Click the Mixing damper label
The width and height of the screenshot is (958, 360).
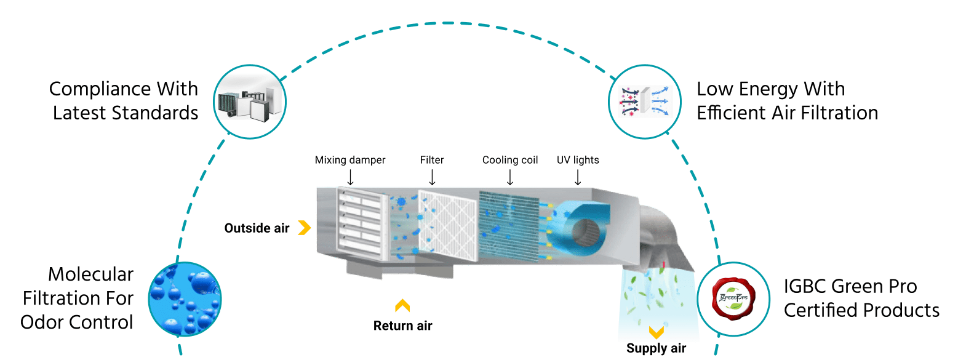click(x=350, y=160)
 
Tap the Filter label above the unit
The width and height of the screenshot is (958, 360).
click(x=432, y=160)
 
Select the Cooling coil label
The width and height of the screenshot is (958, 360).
click(x=510, y=160)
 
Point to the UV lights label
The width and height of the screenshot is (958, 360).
click(x=578, y=160)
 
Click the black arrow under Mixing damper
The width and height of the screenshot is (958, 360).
click(x=350, y=177)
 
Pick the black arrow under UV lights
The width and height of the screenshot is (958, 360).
click(x=578, y=177)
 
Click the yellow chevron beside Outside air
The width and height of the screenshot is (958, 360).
click(x=303, y=228)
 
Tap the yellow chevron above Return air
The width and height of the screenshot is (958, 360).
click(x=402, y=305)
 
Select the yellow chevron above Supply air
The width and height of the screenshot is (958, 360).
click(x=657, y=332)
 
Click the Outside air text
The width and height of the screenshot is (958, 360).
click(x=257, y=228)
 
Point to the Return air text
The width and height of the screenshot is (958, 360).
click(x=402, y=326)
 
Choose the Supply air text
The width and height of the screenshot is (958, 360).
click(x=656, y=349)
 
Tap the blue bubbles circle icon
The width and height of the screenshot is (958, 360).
click(x=185, y=298)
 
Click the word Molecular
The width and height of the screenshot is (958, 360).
click(x=90, y=275)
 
